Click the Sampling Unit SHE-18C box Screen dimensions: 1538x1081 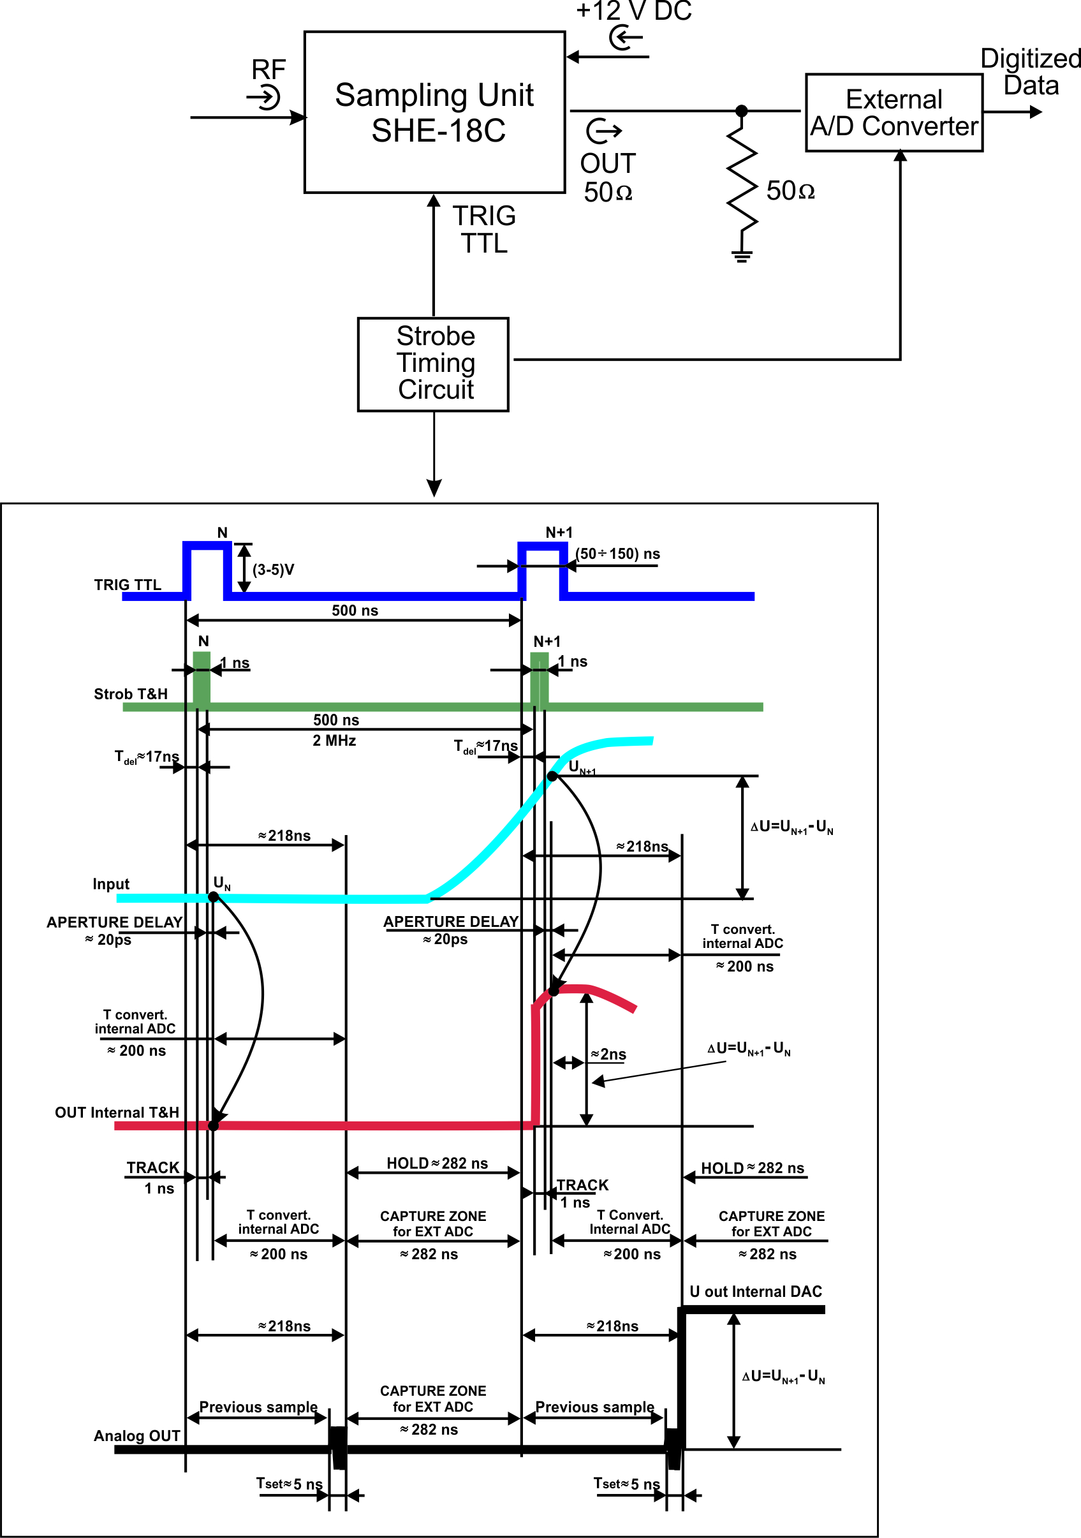[434, 112]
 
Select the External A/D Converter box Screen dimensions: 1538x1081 [893, 112]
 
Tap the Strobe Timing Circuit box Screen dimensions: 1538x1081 [433, 364]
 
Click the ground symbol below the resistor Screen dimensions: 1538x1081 [742, 255]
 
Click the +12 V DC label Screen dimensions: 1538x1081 [633, 11]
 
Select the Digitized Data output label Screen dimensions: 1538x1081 [1030, 71]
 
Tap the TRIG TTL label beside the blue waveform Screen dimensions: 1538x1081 [128, 585]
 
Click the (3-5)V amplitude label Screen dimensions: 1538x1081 [273, 570]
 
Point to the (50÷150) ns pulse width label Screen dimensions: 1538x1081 [617, 554]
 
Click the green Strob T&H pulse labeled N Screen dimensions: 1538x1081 [202, 677]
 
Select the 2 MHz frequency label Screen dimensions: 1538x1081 [334, 740]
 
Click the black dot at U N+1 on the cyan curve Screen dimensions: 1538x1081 [552, 776]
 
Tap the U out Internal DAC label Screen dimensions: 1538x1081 [756, 1292]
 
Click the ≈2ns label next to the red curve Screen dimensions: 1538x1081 [608, 1054]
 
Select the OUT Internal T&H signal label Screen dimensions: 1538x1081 [117, 1113]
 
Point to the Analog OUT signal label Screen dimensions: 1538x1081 [136, 1435]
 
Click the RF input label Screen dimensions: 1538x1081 [268, 70]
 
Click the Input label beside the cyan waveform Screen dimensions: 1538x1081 [110, 884]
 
